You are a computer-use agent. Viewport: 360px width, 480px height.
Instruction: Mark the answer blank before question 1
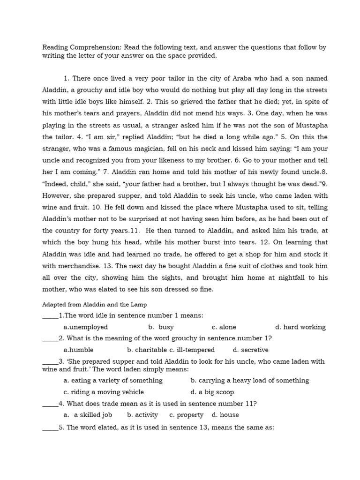tap(50, 315)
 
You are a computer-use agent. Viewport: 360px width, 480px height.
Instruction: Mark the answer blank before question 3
tap(50, 362)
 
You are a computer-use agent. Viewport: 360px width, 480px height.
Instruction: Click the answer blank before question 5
tap(50, 427)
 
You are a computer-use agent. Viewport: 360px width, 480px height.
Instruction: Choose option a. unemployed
tap(86, 327)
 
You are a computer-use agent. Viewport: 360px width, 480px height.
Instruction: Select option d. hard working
tap(300, 327)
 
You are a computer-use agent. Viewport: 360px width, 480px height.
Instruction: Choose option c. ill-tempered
tap(192, 350)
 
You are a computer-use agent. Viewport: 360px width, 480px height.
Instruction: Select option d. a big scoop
tap(212, 392)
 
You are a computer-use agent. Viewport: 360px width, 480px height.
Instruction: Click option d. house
tap(225, 415)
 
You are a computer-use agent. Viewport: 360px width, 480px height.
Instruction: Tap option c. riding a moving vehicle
tap(104, 392)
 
